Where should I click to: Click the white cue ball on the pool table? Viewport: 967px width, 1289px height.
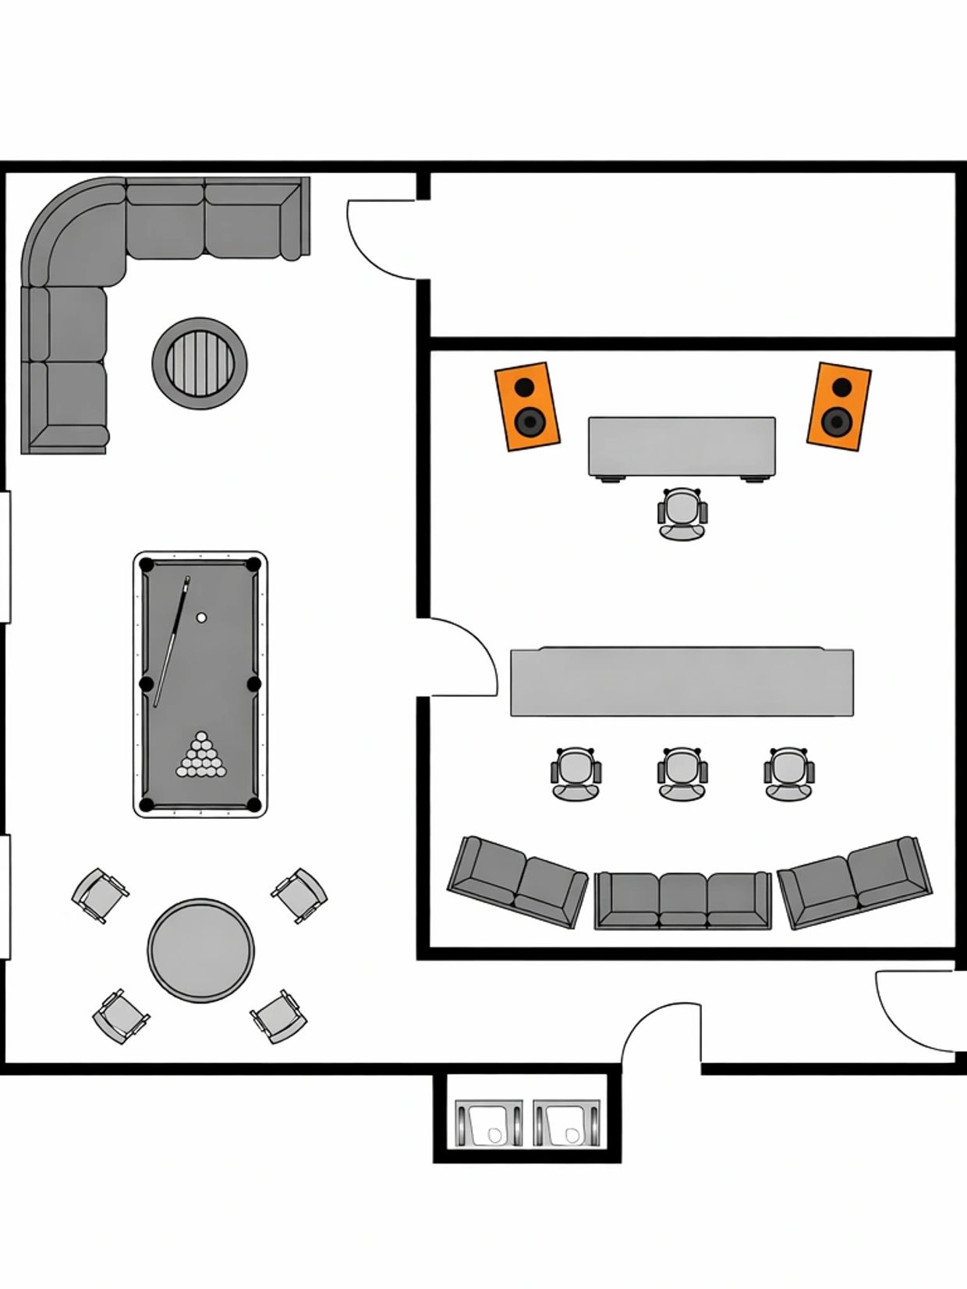coord(201,618)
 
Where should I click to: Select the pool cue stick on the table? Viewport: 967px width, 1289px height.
coord(172,641)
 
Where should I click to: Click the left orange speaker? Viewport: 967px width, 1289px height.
coord(527,406)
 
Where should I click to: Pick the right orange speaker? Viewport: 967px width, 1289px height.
coord(838,406)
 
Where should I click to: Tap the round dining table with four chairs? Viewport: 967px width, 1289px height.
coord(200,951)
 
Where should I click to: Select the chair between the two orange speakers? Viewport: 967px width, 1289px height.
coord(682,512)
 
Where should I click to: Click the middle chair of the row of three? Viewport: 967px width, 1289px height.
coord(682,773)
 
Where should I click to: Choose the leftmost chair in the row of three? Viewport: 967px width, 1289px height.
coord(576,773)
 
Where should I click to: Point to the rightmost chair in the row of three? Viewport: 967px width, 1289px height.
coord(788,773)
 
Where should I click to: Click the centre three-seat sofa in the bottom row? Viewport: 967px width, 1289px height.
coord(682,900)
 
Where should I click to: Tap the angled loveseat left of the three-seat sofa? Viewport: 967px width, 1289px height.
coord(517,881)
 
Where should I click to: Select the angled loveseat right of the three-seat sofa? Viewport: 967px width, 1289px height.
coord(855,881)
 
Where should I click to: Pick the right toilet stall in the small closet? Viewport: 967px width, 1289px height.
coord(567,1124)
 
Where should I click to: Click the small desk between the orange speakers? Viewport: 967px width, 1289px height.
coord(682,446)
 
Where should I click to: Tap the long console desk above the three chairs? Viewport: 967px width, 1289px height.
coord(682,682)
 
